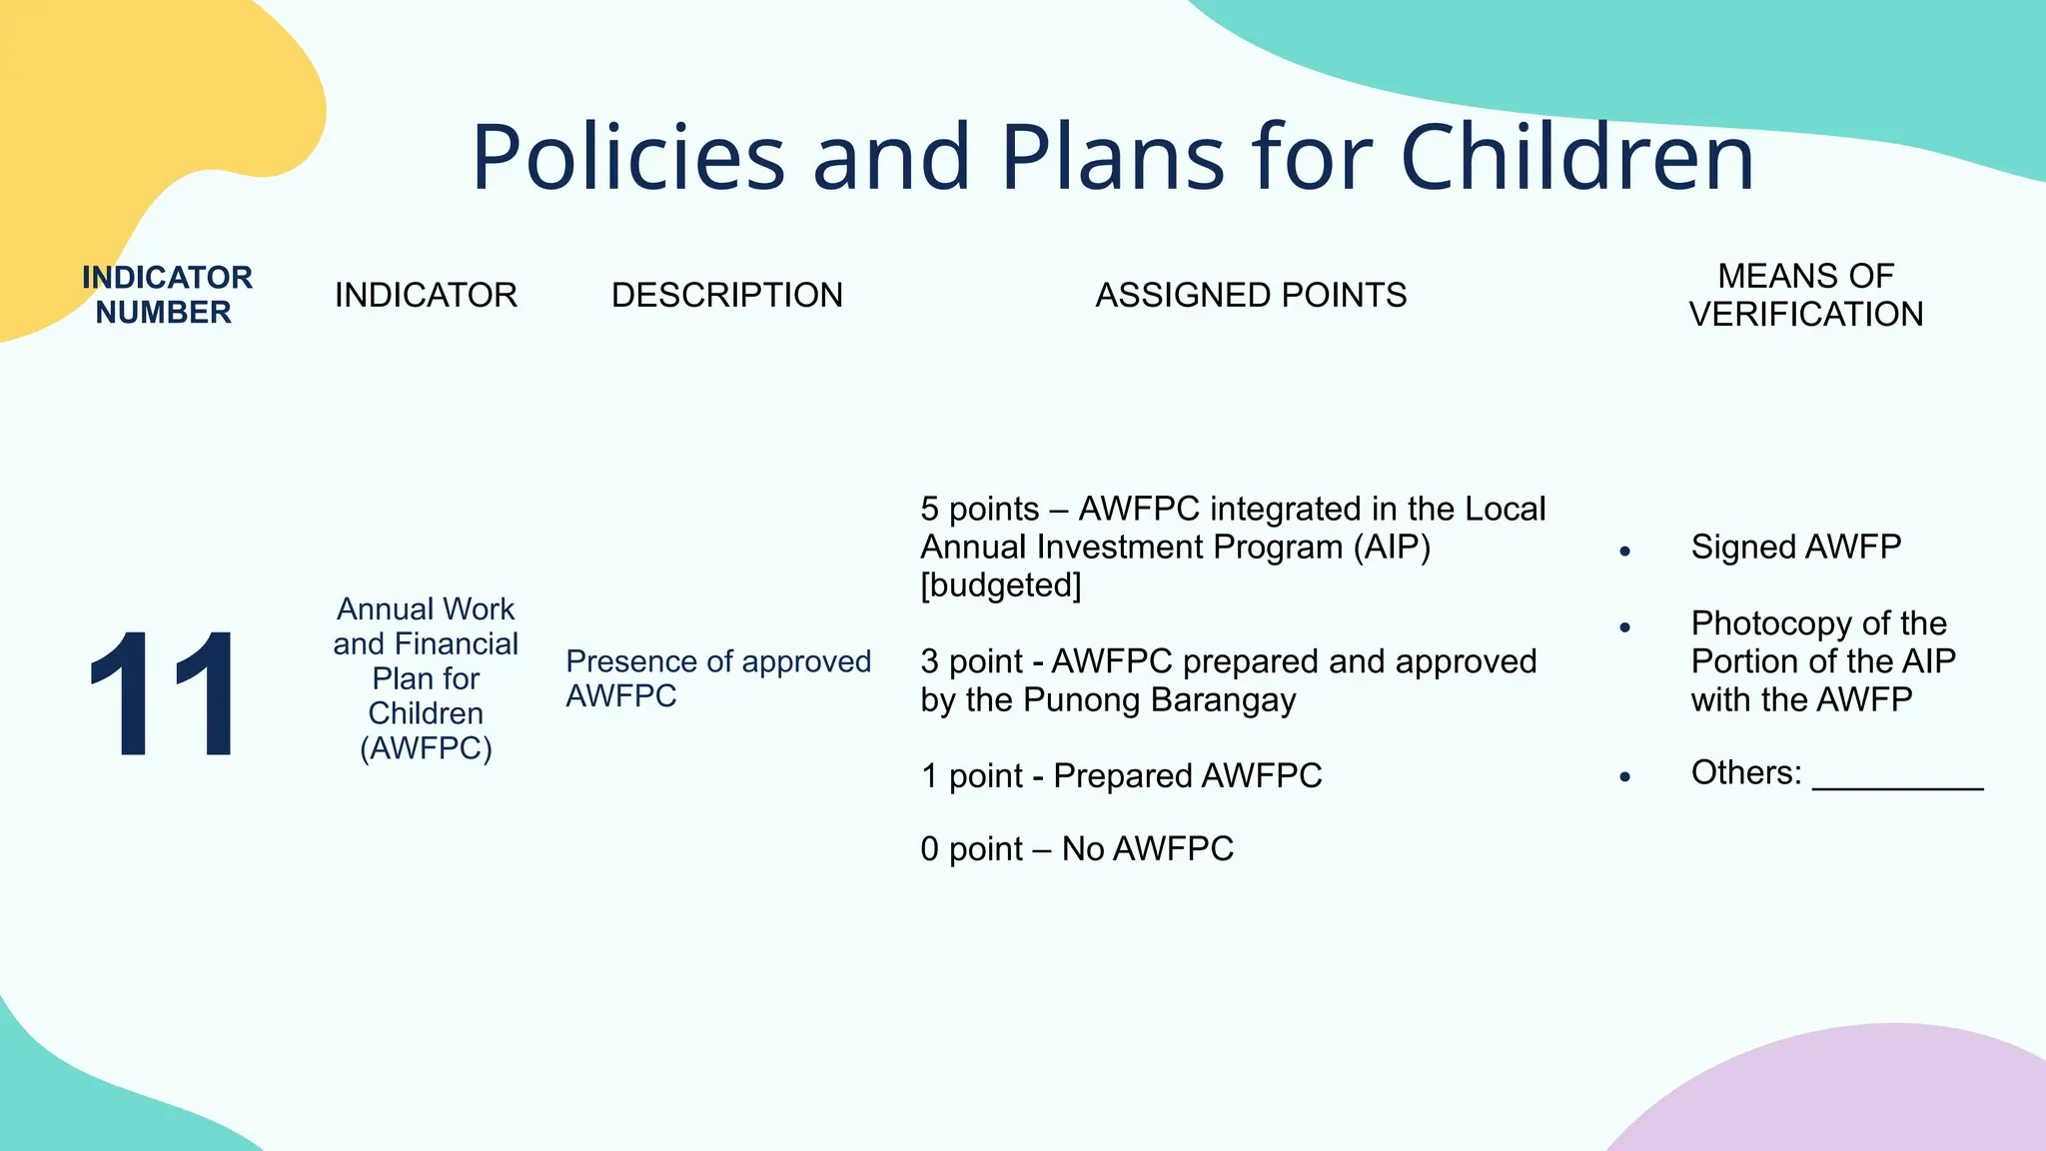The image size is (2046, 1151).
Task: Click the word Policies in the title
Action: (x=628, y=158)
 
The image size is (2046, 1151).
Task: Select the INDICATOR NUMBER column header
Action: (x=166, y=295)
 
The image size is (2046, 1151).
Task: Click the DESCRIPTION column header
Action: (x=726, y=296)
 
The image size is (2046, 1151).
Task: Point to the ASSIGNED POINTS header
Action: (x=1251, y=296)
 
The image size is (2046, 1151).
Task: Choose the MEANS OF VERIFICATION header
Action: (x=1805, y=295)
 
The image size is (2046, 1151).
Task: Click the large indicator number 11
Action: (x=162, y=694)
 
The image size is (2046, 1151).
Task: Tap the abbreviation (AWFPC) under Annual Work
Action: (x=426, y=748)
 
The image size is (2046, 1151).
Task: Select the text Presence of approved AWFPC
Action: (x=717, y=678)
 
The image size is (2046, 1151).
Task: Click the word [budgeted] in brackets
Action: (x=1000, y=585)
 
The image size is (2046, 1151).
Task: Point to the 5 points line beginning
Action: (x=979, y=510)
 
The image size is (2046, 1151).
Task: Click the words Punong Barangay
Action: (x=1159, y=700)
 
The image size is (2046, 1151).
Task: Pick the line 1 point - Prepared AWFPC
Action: (x=1121, y=776)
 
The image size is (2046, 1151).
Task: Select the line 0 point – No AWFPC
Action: (x=1077, y=849)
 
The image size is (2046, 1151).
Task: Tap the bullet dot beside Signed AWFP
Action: (x=1625, y=552)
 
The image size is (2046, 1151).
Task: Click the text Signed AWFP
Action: (x=1795, y=548)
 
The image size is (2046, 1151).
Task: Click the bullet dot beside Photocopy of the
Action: (x=1625, y=627)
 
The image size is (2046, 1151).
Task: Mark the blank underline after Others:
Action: (x=1897, y=783)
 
